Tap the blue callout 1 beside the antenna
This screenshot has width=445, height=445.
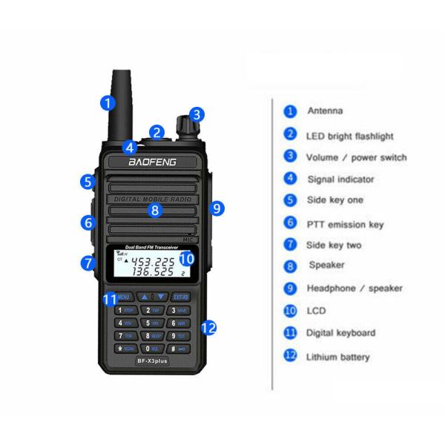(109, 102)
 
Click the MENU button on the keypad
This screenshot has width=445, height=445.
(124, 297)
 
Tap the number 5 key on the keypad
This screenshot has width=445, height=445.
(151, 323)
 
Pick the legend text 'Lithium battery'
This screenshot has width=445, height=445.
(338, 357)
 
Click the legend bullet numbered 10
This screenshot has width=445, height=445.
(291, 311)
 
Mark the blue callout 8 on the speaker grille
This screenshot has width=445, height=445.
(154, 211)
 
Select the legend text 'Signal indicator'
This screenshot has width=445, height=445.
(340, 179)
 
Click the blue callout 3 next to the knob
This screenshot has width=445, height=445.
(196, 114)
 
